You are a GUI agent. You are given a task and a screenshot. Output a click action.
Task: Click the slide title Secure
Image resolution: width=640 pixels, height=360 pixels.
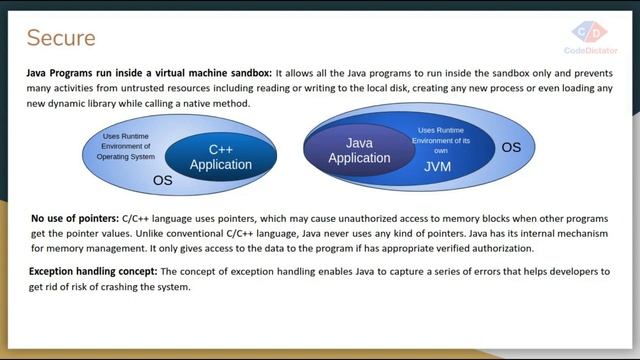pos(61,38)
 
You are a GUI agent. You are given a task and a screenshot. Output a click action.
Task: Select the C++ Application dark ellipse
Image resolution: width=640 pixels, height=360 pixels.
pos(220,157)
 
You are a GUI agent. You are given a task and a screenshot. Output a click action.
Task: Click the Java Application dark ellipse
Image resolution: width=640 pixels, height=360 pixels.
pos(359,151)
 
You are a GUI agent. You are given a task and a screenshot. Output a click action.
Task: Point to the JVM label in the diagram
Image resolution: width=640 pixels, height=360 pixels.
pos(437,167)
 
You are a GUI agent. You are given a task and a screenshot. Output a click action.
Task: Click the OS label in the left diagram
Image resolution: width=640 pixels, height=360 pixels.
pos(163,181)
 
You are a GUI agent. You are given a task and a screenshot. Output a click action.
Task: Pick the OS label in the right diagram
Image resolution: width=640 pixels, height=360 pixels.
pos(511,147)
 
